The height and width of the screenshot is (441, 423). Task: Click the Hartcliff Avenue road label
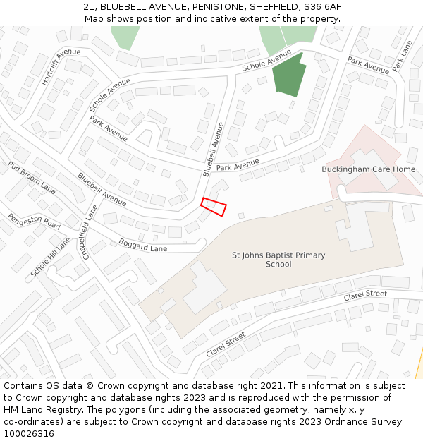click(x=61, y=67)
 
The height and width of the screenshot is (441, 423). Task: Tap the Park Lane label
click(x=402, y=55)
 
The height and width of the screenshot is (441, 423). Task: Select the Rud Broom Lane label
click(x=31, y=177)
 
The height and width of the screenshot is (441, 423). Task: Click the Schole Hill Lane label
click(x=51, y=257)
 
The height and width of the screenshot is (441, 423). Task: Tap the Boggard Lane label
click(x=143, y=245)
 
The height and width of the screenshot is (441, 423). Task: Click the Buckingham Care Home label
click(x=368, y=169)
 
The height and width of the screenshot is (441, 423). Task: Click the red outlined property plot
click(x=213, y=206)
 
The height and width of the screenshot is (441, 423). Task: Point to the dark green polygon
click(x=289, y=75)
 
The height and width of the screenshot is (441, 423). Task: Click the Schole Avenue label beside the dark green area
click(x=266, y=60)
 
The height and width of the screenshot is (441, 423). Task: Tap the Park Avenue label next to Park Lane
click(x=368, y=66)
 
